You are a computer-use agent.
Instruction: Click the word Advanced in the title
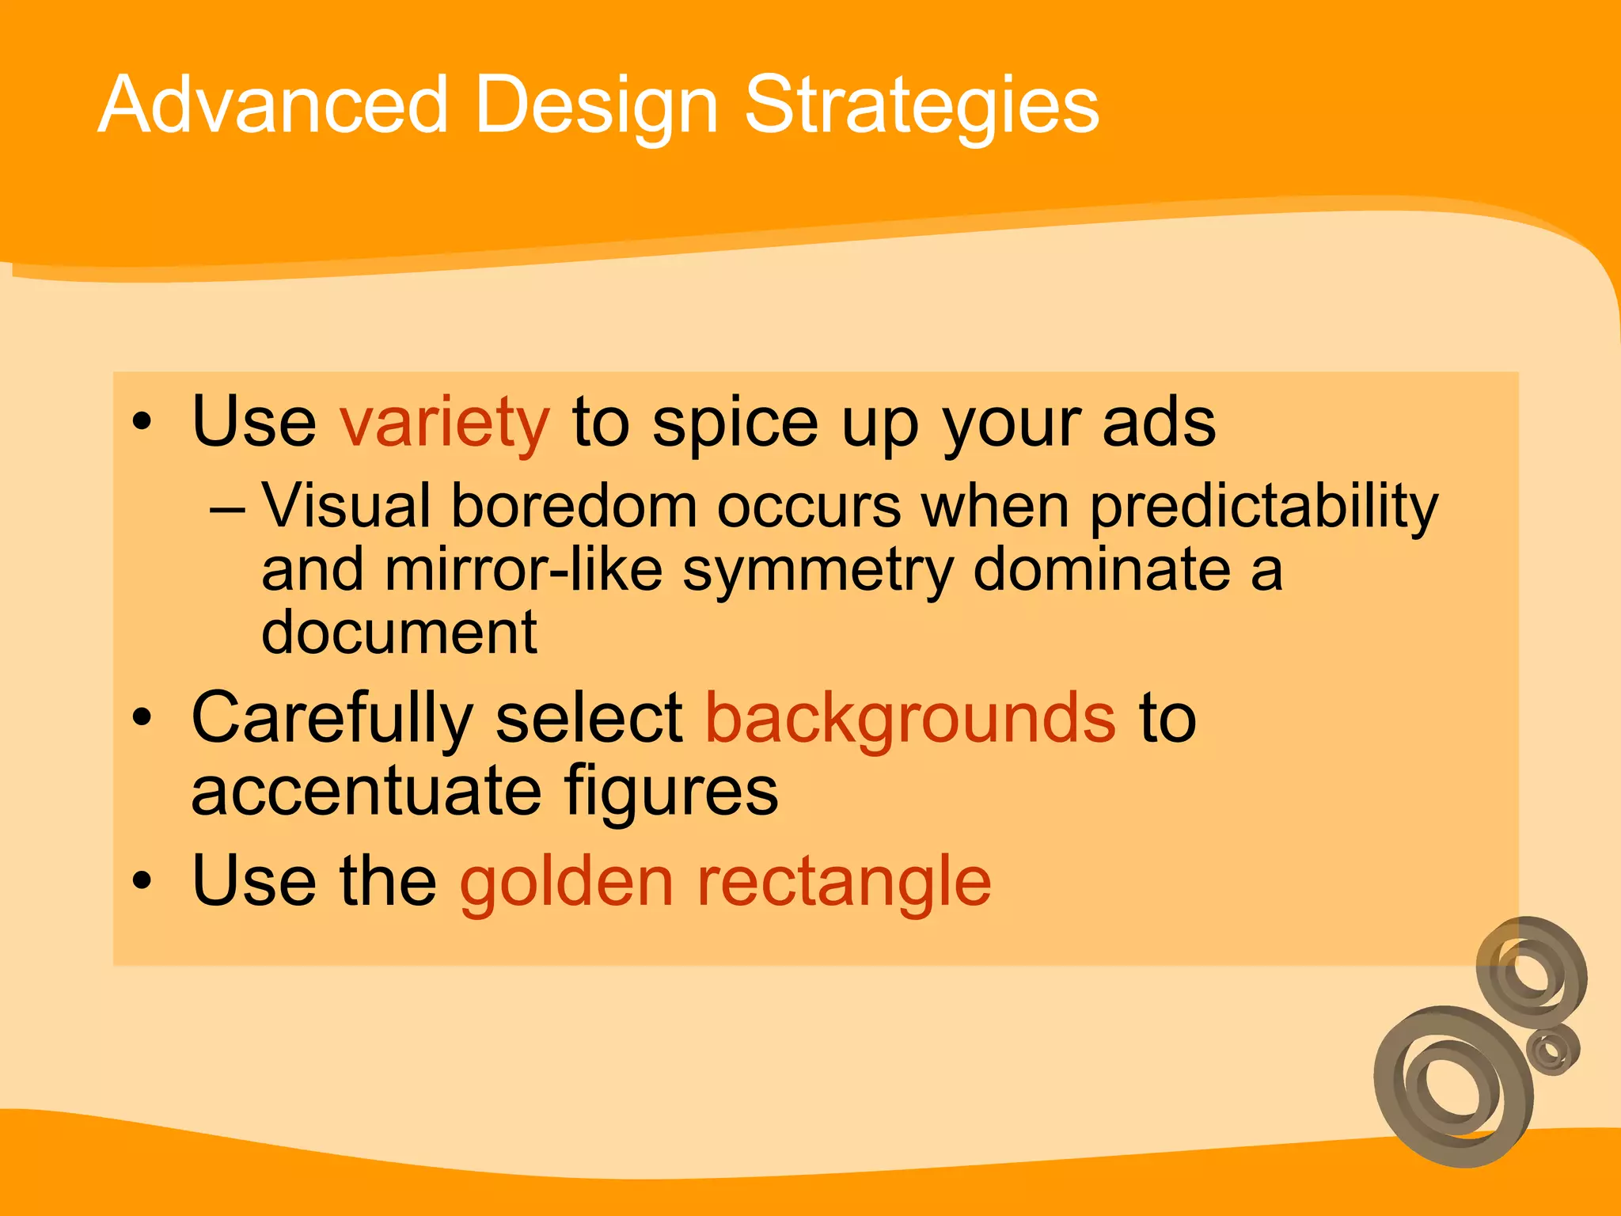[x=273, y=104]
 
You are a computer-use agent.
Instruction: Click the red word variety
[x=444, y=423]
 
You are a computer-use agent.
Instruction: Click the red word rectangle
[x=843, y=882]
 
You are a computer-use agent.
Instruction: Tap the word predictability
[x=1263, y=507]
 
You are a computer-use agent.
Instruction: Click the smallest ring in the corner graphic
[x=1553, y=1050]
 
